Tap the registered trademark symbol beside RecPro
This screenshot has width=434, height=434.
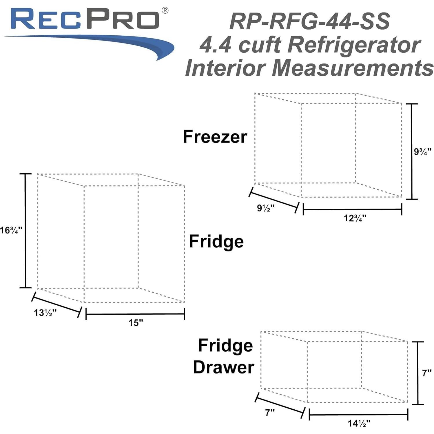coord(165,11)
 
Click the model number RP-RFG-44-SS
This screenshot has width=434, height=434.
coord(309,22)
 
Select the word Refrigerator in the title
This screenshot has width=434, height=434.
coord(354,45)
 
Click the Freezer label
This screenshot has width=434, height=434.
coord(215,137)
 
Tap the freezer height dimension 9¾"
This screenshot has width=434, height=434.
coord(422,151)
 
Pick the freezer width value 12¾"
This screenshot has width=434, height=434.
coord(355,218)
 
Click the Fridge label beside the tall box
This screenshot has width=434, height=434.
coord(216,242)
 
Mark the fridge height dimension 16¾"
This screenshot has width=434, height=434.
coord(11,230)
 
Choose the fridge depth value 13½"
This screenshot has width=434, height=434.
coord(45,313)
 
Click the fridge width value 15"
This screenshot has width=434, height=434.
coord(136,322)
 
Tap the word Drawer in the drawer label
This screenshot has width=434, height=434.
coord(223,367)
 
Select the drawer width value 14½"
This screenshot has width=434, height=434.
coord(359,424)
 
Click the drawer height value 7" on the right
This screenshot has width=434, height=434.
coord(426,373)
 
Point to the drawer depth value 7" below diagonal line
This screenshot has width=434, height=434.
coord(269,412)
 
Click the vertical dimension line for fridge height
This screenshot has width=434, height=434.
coord(25,231)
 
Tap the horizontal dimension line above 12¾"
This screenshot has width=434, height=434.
coord(352,209)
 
